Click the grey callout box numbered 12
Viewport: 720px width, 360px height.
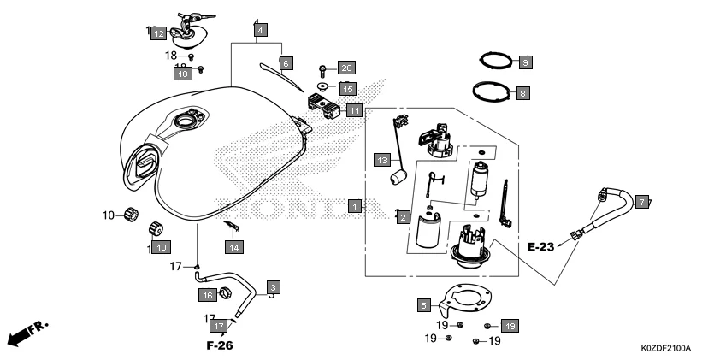tap(160, 34)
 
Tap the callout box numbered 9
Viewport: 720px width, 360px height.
tap(525, 62)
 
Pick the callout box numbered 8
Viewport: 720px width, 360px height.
tap(522, 92)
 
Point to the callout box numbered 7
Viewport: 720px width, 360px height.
tap(642, 202)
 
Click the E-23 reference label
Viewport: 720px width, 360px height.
tap(541, 247)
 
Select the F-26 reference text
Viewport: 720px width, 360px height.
tap(220, 346)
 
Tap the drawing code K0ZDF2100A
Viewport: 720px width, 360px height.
tap(665, 349)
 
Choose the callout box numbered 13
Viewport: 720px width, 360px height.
tap(384, 160)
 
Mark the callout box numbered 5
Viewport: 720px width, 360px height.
tap(423, 304)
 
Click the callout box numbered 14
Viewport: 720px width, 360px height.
tap(233, 247)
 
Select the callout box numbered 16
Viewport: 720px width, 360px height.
tap(207, 295)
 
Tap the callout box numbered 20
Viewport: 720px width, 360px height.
tap(345, 68)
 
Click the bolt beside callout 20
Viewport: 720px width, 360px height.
tap(322, 68)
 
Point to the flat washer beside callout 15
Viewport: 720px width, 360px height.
tap(322, 87)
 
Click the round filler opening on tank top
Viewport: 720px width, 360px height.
tap(186, 123)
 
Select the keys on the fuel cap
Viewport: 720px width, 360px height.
tap(190, 18)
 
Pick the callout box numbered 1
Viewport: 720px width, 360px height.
tap(353, 206)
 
